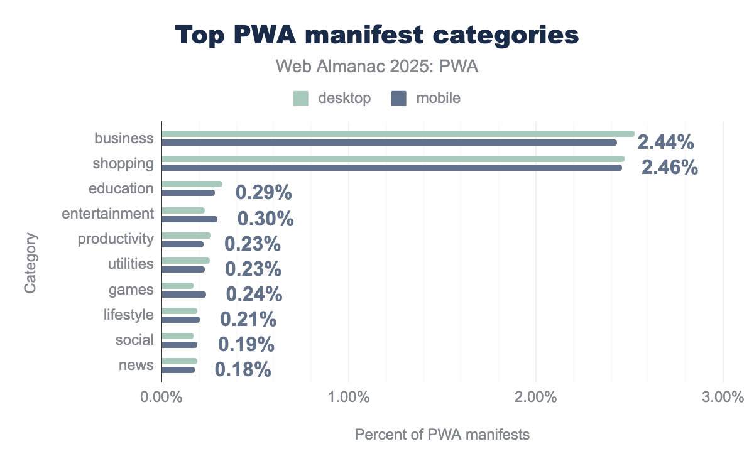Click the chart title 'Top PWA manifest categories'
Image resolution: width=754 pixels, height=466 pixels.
[377, 35]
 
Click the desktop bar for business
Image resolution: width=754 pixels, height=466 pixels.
[397, 134]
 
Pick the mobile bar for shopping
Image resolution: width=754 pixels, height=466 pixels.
[391, 168]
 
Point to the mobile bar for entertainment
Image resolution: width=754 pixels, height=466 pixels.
[189, 219]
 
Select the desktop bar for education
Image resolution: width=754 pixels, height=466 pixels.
[192, 184]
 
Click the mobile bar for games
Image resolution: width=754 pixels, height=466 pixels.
[183, 295]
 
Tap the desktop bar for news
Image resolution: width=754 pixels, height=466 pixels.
[179, 361]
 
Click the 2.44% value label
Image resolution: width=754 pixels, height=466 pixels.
[665, 143]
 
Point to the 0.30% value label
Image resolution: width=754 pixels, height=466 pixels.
[265, 219]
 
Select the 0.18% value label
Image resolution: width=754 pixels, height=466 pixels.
[243, 369]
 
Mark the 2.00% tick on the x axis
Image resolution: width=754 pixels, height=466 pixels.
[535, 398]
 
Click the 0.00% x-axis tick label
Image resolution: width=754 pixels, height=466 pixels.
[161, 398]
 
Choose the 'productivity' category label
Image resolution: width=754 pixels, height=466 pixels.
[116, 239]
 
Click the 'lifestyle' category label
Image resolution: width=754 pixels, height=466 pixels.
[128, 315]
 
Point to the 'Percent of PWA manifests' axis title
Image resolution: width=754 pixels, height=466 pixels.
[442, 435]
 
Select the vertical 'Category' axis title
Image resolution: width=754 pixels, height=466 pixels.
[31, 263]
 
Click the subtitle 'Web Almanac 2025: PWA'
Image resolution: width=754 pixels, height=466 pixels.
[377, 67]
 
